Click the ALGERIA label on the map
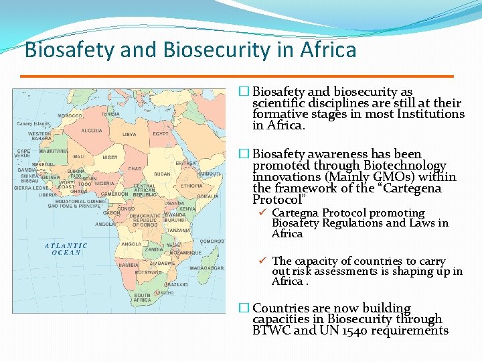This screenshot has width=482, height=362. click(91, 131)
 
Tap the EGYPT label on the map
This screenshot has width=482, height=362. click(161, 133)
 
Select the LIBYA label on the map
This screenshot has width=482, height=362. click(129, 134)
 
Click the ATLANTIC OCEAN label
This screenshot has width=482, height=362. click(66, 249)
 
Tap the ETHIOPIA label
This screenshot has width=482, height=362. click(191, 185)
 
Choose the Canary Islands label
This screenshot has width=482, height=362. click(33, 124)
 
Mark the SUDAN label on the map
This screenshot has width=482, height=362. click(162, 174)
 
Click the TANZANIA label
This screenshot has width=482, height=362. click(179, 230)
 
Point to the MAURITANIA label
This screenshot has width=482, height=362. click(54, 152)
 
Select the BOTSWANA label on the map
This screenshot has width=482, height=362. click(148, 272)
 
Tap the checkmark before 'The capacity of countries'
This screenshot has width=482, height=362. click(263, 261)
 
